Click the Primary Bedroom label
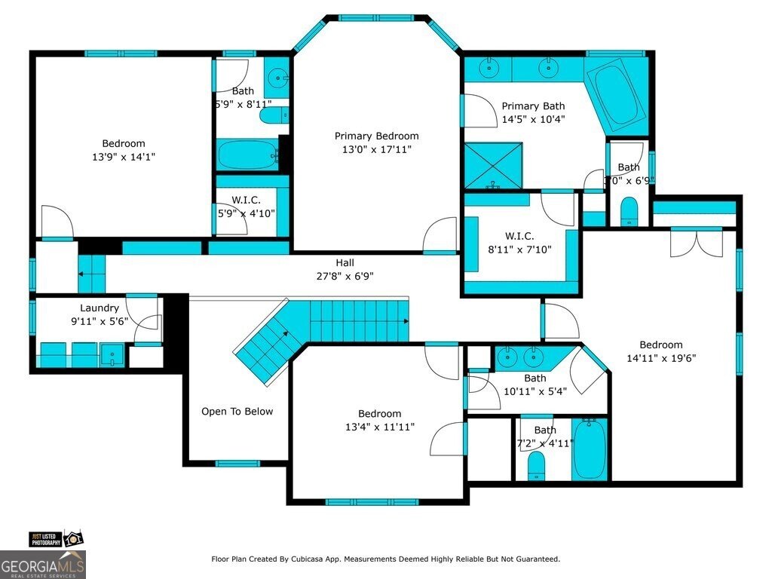tap(376, 136)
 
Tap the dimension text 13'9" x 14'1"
tap(124, 157)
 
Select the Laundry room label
tap(100, 308)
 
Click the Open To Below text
tap(237, 412)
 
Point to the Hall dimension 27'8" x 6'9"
tap(345, 276)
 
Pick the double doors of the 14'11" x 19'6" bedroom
tap(696, 243)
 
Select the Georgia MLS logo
tap(43, 565)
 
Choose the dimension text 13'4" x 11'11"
tap(379, 427)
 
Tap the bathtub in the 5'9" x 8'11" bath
tap(247, 155)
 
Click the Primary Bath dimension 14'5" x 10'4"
tap(533, 119)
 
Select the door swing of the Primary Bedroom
tap(441, 234)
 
